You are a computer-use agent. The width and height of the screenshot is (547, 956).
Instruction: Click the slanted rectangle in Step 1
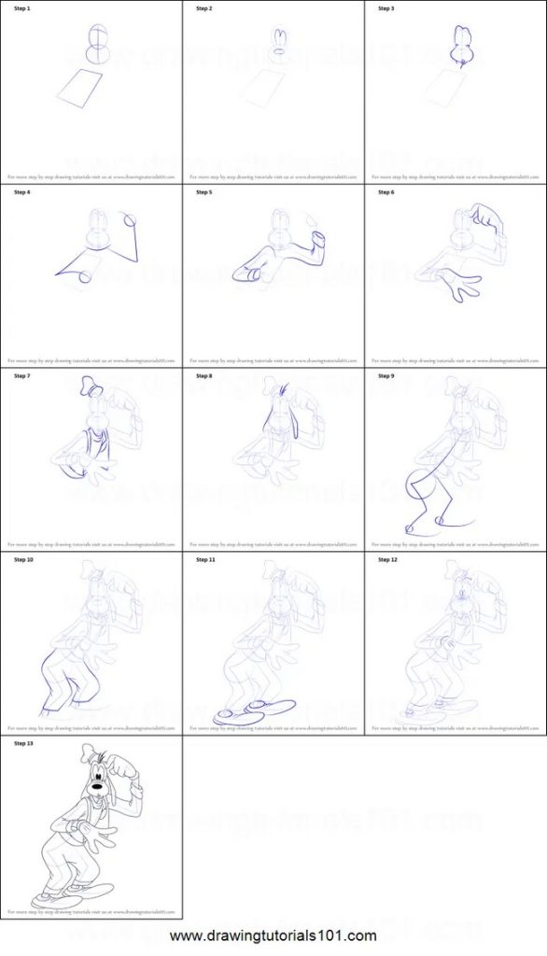[81, 88]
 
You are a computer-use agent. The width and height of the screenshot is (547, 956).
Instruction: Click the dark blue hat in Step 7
[89, 383]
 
